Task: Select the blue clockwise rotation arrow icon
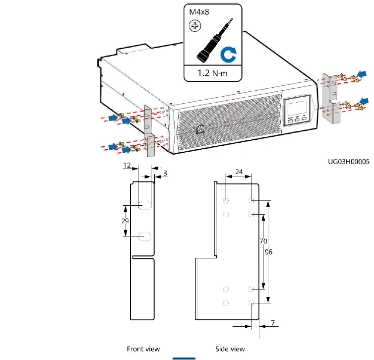pyautogui.click(x=229, y=55)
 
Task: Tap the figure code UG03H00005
pyautogui.click(x=348, y=162)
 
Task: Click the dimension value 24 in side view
pyautogui.click(x=239, y=172)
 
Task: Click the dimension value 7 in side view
pyautogui.click(x=273, y=323)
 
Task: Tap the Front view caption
pyautogui.click(x=143, y=349)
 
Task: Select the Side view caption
pyautogui.click(x=230, y=349)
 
